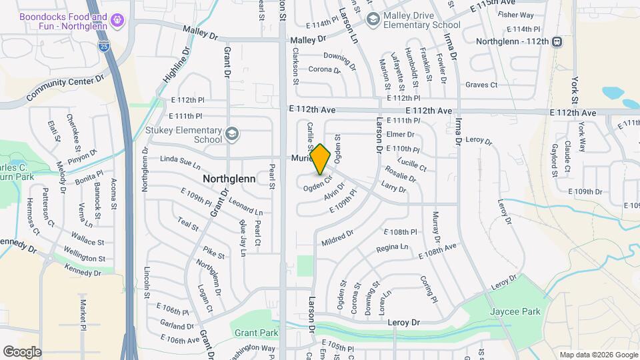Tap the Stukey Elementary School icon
pos(231,133)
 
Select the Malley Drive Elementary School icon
pos(372,18)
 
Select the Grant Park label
pos(256,333)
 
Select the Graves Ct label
pos(481,85)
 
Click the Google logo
pos(22,351)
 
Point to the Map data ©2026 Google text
pos(598,355)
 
